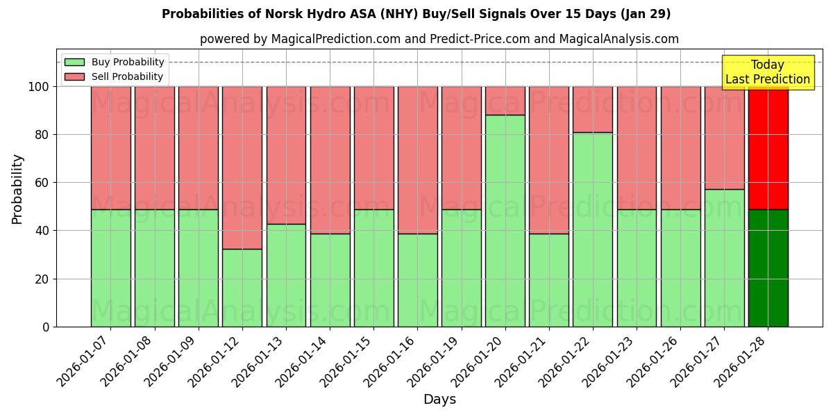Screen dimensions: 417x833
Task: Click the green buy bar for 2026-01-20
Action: click(x=505, y=220)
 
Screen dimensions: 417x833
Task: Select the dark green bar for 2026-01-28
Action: click(x=768, y=268)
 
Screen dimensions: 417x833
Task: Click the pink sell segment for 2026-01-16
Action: click(x=417, y=160)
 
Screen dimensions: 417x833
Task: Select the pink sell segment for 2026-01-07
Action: click(x=110, y=147)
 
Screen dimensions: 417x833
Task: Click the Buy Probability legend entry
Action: click(x=115, y=62)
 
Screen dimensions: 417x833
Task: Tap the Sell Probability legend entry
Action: click(x=115, y=76)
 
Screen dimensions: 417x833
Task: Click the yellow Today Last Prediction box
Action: click(x=767, y=72)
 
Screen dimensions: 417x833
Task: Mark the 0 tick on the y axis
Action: click(x=46, y=327)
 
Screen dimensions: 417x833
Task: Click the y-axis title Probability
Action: click(x=17, y=189)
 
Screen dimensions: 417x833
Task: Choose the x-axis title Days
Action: click(x=439, y=400)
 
